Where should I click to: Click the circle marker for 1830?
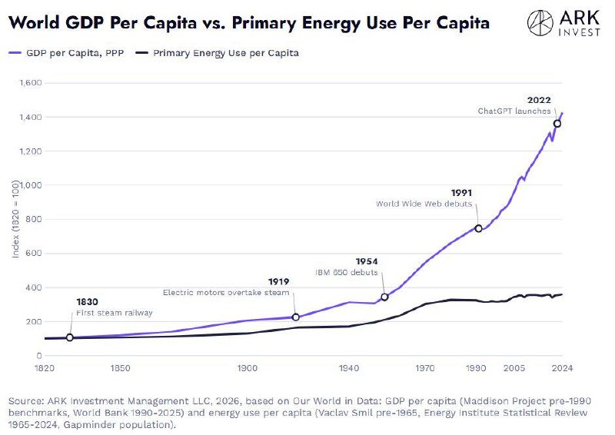(70, 337)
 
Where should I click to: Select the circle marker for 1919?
(296, 317)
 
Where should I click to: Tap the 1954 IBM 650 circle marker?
(384, 297)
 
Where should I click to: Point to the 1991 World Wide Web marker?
(478, 228)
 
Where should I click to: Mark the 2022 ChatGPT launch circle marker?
(557, 124)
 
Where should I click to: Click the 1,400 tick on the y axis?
(31, 117)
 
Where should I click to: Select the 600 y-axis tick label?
(33, 253)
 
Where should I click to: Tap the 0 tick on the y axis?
(39, 355)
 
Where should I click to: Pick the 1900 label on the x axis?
(247, 368)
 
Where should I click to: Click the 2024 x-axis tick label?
(562, 368)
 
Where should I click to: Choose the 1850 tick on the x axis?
(120, 368)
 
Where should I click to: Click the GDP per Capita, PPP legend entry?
(66, 53)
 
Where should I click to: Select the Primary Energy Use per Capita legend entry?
(217, 53)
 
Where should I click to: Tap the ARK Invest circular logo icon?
(540, 23)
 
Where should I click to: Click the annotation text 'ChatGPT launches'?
(514, 111)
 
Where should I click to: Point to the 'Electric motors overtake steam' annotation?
(226, 292)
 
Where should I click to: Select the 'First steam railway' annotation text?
(114, 313)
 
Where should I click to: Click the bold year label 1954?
(367, 261)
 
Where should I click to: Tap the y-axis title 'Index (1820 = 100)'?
(15, 218)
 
